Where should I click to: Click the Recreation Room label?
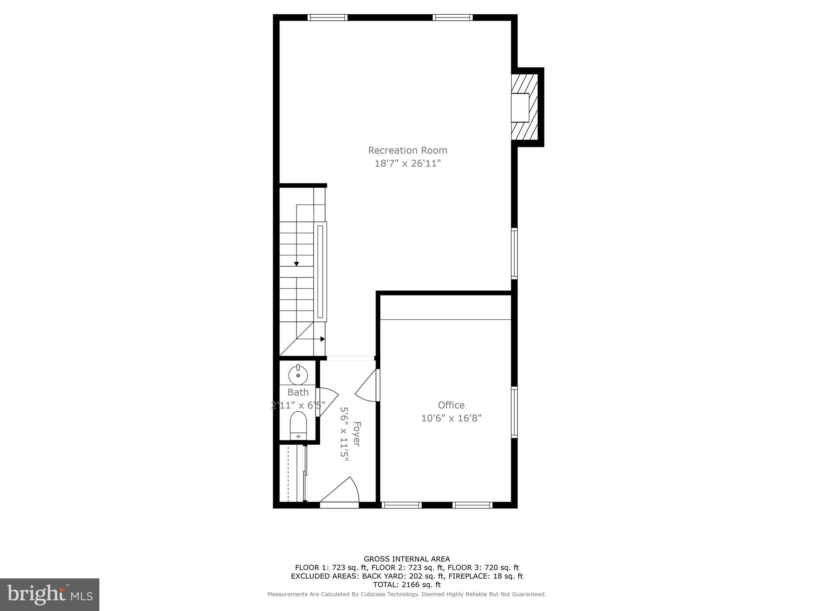tap(407, 150)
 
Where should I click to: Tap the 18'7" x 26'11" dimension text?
tap(407, 163)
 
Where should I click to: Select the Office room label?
tap(451, 405)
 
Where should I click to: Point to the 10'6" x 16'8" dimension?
tap(451, 418)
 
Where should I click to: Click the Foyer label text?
tap(357, 434)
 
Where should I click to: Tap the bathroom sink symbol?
tap(298, 375)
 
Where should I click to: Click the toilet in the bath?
tap(298, 425)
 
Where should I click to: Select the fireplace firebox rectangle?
tap(520, 107)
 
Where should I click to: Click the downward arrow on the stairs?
tap(297, 264)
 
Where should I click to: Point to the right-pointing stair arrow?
tap(322, 339)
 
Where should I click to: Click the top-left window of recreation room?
tap(328, 18)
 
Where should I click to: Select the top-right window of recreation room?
tap(452, 18)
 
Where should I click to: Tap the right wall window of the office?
tap(514, 412)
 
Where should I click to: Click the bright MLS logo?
tap(50, 595)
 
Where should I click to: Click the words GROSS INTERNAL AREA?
tap(407, 559)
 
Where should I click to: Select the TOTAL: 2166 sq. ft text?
tap(407, 585)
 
